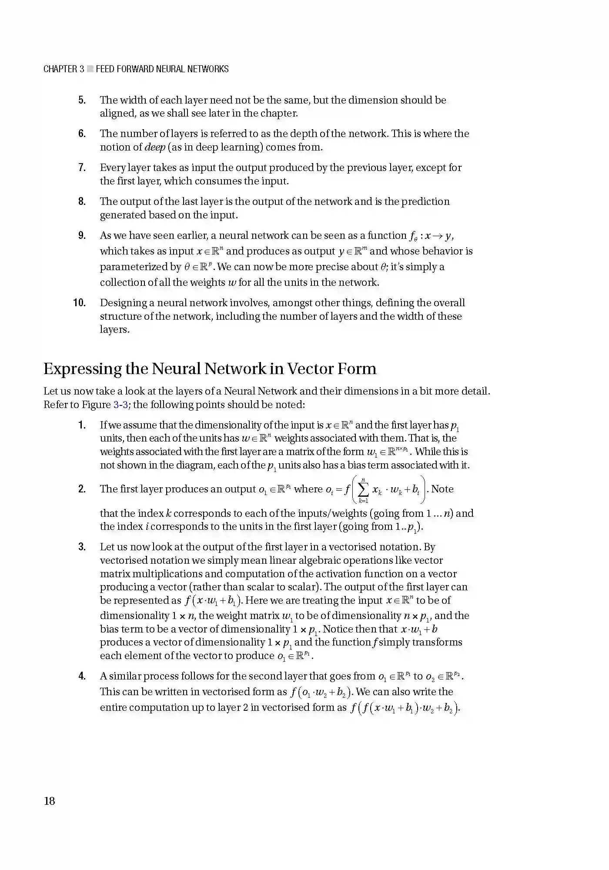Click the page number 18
(50, 801)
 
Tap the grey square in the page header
(90, 69)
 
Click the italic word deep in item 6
(154, 147)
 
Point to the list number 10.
(79, 303)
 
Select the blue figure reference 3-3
(120, 405)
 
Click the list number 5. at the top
(82, 100)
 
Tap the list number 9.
(82, 235)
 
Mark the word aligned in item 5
(117, 114)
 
